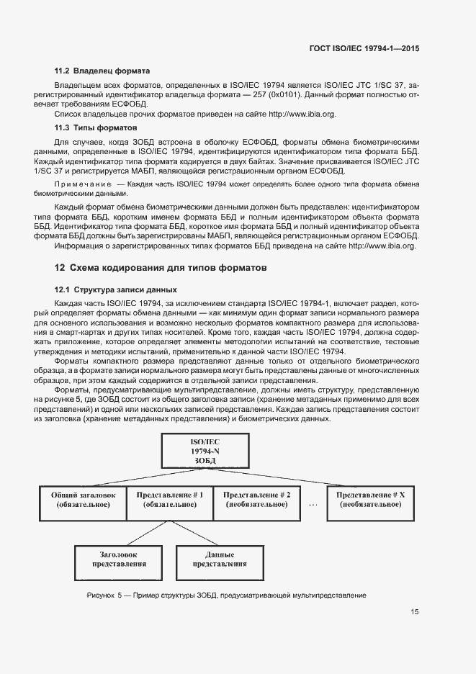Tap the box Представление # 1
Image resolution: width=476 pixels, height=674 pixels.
click(x=170, y=500)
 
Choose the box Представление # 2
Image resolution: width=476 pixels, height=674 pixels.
click(x=257, y=500)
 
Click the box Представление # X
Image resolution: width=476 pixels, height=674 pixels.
click(x=371, y=500)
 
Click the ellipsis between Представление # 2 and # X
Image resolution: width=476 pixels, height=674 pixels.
click(x=313, y=505)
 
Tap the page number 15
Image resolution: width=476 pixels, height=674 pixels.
click(x=415, y=613)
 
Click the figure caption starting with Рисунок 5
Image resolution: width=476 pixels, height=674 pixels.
click(x=226, y=596)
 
